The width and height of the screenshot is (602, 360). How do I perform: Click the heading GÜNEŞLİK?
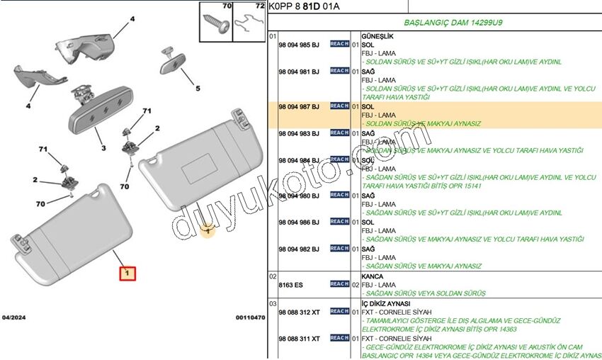tap(377, 35)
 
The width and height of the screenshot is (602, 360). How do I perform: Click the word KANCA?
tap(372, 276)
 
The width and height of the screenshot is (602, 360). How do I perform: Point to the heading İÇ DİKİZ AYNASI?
tap(385, 303)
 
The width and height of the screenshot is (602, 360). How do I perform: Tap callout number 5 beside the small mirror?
tap(198, 89)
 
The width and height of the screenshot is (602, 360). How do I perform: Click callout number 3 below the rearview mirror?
tap(103, 148)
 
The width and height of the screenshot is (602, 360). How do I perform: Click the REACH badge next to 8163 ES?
tap(339, 284)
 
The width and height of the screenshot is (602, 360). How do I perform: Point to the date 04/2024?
tap(15, 317)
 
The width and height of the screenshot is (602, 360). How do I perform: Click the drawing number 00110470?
tap(250, 317)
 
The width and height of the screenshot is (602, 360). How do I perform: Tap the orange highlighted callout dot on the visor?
tap(207, 230)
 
